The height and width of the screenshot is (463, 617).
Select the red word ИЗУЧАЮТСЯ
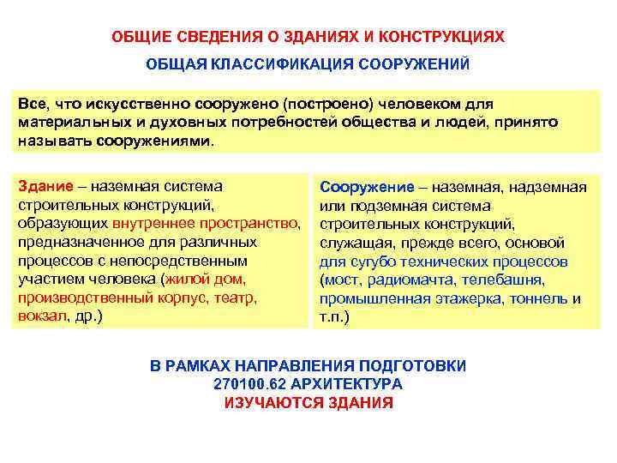coord(270,403)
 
